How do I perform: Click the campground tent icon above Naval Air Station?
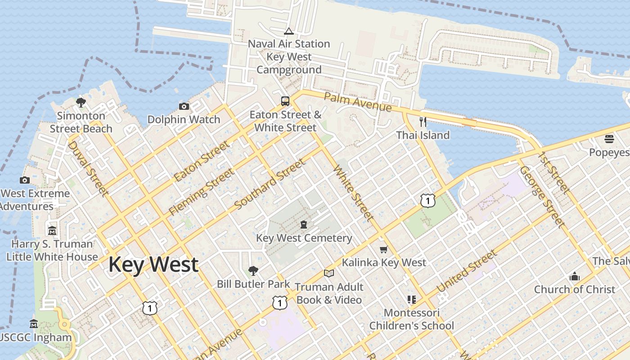[288, 31]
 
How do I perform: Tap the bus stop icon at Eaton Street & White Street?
[285, 101]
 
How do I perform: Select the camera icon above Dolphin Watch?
[184, 107]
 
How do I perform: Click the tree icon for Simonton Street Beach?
[81, 103]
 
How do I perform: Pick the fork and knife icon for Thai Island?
[423, 122]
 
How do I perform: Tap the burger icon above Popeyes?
[609, 139]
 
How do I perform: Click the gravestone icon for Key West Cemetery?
[304, 225]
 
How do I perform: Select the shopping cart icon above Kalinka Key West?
[383, 249]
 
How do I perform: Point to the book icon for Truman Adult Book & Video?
[329, 273]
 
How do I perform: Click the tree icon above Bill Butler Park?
[253, 271]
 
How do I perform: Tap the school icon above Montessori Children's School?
[411, 299]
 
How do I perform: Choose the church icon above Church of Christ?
[574, 276]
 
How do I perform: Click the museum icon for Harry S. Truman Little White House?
[52, 231]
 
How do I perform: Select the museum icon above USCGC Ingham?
[34, 324]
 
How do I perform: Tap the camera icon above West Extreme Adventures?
[25, 180]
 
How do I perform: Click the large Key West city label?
[153, 265]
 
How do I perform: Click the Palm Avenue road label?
[358, 103]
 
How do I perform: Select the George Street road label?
[541, 197]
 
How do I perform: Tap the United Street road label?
[467, 271]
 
